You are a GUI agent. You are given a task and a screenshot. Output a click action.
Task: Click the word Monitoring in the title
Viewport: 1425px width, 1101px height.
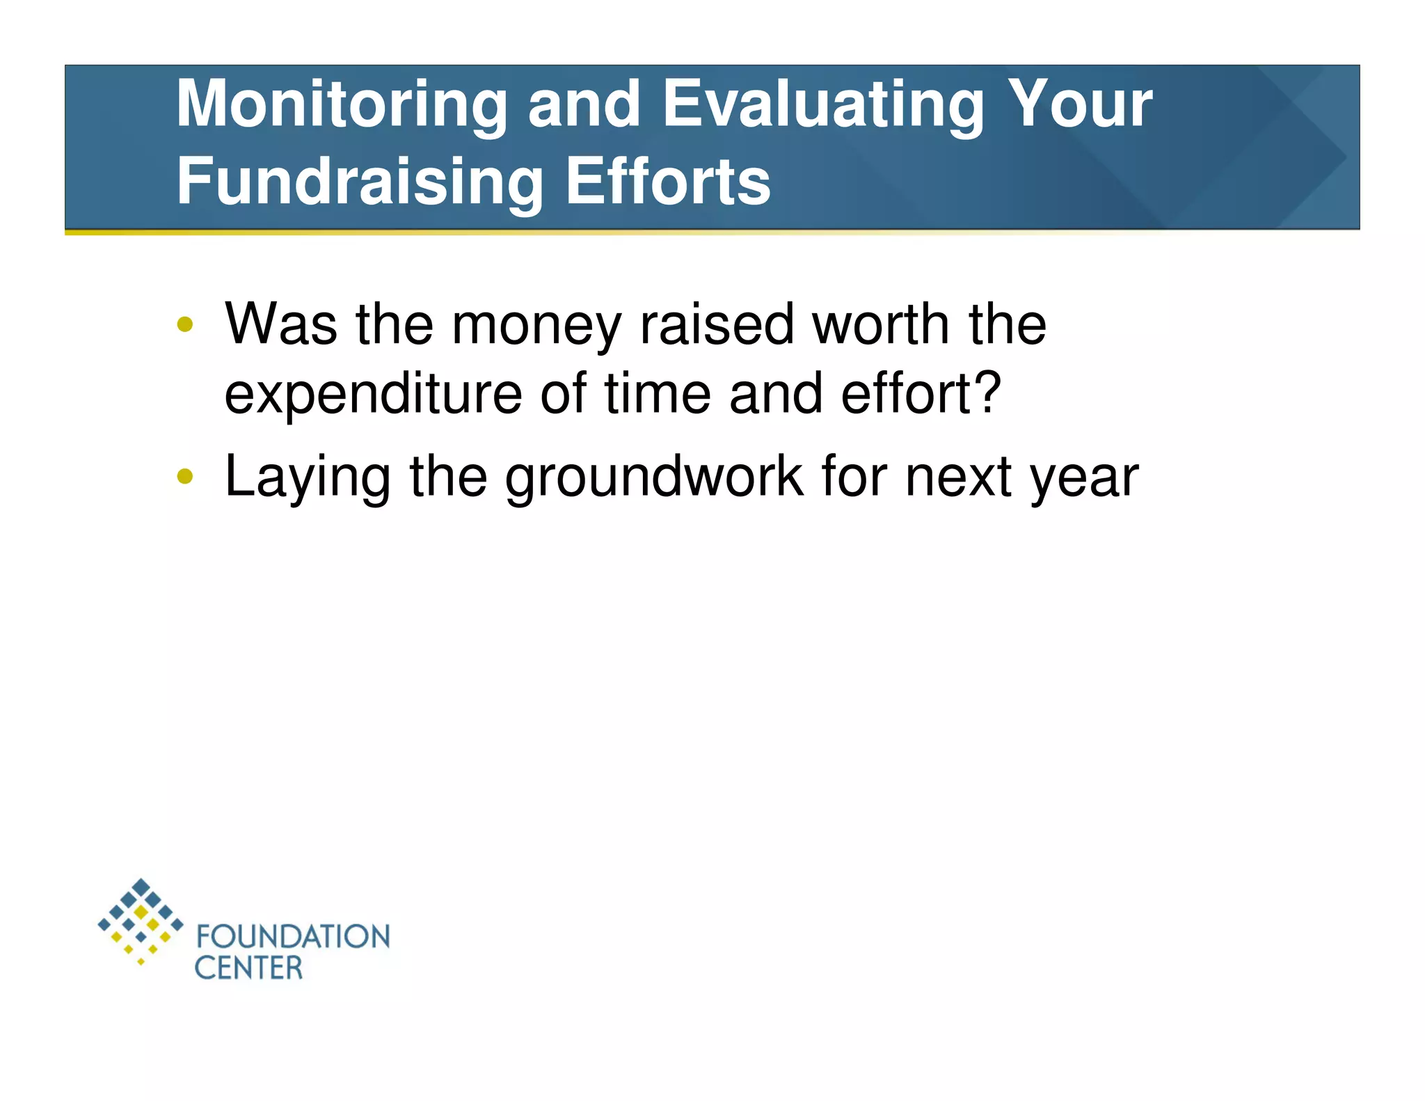tap(342, 104)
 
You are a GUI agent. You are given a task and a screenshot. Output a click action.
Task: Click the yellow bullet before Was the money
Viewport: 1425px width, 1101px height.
tap(185, 324)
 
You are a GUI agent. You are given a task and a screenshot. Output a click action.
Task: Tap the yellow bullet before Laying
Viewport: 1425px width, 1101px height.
tap(185, 477)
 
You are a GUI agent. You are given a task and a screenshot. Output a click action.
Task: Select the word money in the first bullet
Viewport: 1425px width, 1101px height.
tap(536, 326)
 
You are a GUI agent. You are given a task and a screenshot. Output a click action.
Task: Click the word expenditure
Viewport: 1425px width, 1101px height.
tap(373, 395)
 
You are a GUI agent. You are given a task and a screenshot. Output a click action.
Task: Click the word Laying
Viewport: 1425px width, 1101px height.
tap(307, 479)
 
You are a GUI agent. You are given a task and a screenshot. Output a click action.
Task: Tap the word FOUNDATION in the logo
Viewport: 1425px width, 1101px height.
tap(293, 937)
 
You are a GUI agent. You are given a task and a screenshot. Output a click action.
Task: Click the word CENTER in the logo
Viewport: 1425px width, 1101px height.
tap(248, 968)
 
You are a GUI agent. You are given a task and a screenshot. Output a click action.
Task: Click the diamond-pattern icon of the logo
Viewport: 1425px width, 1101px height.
tap(141, 921)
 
